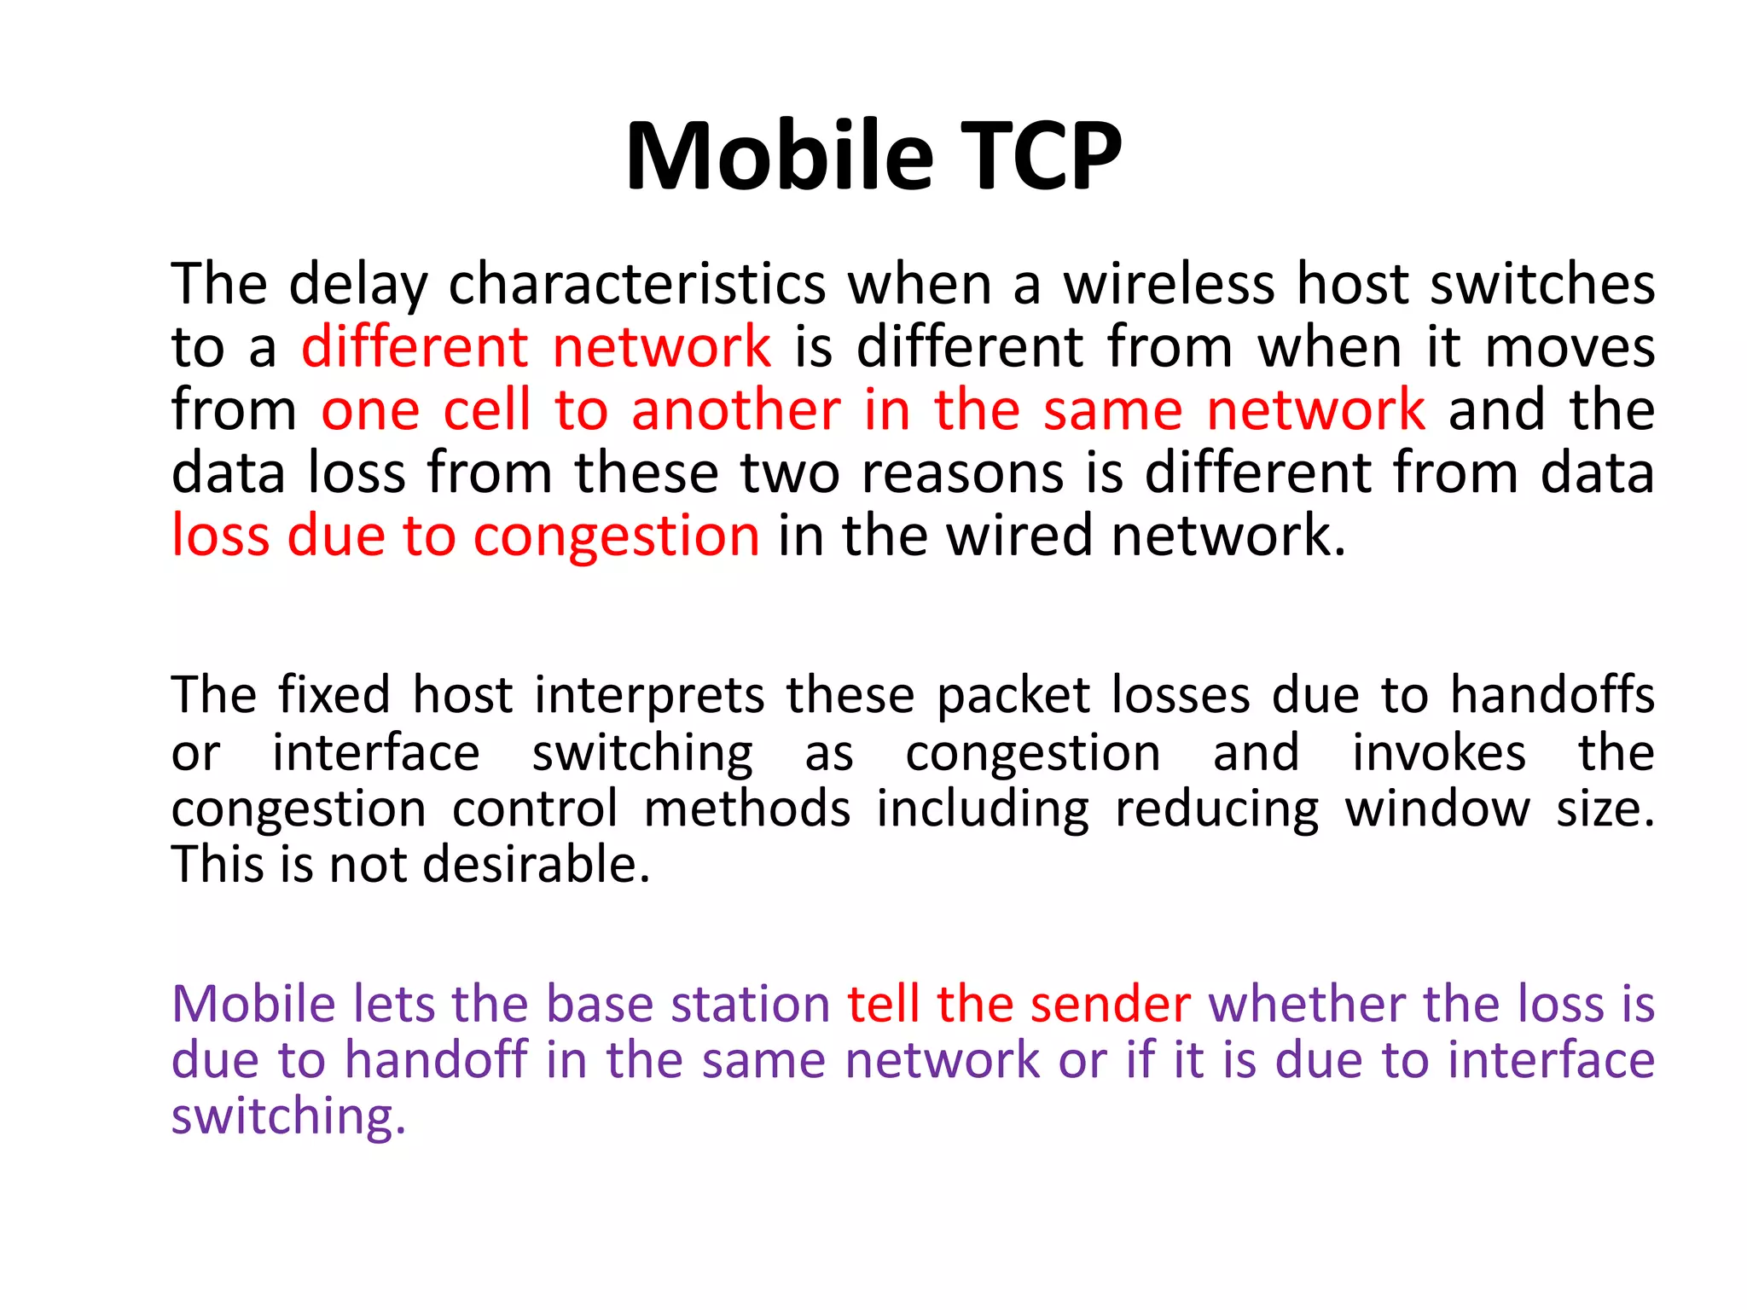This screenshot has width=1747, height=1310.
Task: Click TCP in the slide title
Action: pyautogui.click(x=1042, y=157)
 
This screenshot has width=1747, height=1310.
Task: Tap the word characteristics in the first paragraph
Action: pyautogui.click(x=637, y=284)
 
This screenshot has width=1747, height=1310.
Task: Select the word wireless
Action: pyautogui.click(x=1169, y=284)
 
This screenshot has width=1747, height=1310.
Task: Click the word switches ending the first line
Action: pyautogui.click(x=1542, y=284)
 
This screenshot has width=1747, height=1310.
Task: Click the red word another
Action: pyautogui.click(x=736, y=410)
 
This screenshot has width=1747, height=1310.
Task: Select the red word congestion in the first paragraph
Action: pyautogui.click(x=616, y=536)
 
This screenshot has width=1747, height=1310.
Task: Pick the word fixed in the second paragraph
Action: pyautogui.click(x=334, y=694)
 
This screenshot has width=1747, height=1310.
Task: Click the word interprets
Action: pyautogui.click(x=649, y=696)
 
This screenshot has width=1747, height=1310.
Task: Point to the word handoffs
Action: pyautogui.click(x=1553, y=694)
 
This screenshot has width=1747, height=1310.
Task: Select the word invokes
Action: pyautogui.click(x=1439, y=752)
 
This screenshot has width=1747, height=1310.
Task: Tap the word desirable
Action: pyautogui.click(x=537, y=864)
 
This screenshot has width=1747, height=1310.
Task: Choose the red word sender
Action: pyautogui.click(x=1110, y=1004)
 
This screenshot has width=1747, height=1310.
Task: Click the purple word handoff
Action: pyautogui.click(x=436, y=1060)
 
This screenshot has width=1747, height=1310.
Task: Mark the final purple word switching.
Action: pyautogui.click(x=288, y=1117)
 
